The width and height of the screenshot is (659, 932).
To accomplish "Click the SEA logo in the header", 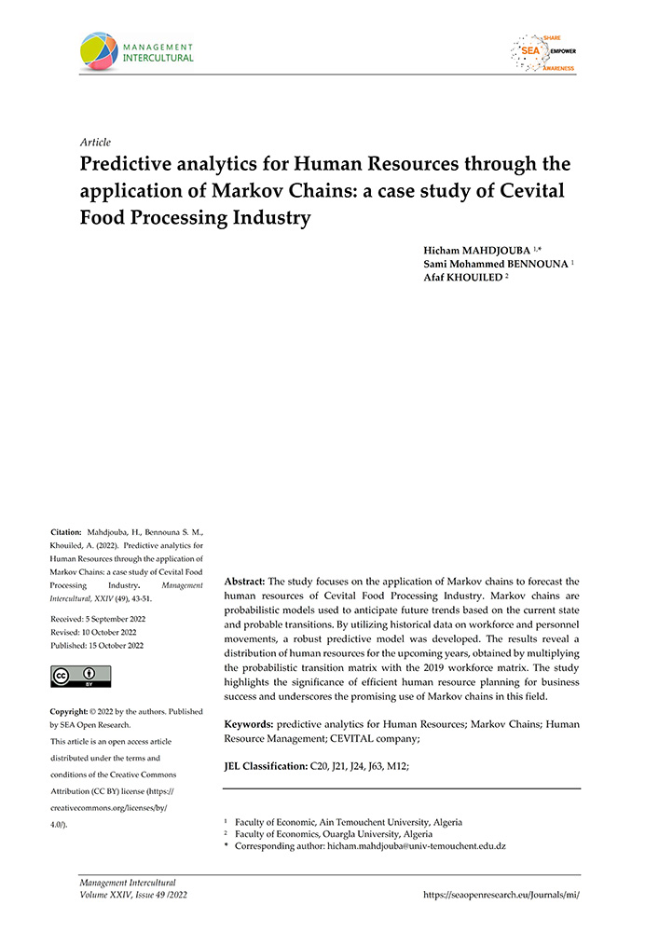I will pos(542,53).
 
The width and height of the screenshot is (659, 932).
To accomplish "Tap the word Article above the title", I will pos(96,143).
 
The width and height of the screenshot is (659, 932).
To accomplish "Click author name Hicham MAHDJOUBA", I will pos(475,250).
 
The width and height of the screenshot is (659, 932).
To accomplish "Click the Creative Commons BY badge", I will pos(80,676).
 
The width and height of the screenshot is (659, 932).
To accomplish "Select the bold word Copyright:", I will pos(74,711).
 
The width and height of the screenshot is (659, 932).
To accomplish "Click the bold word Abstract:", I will pos(250,581).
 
